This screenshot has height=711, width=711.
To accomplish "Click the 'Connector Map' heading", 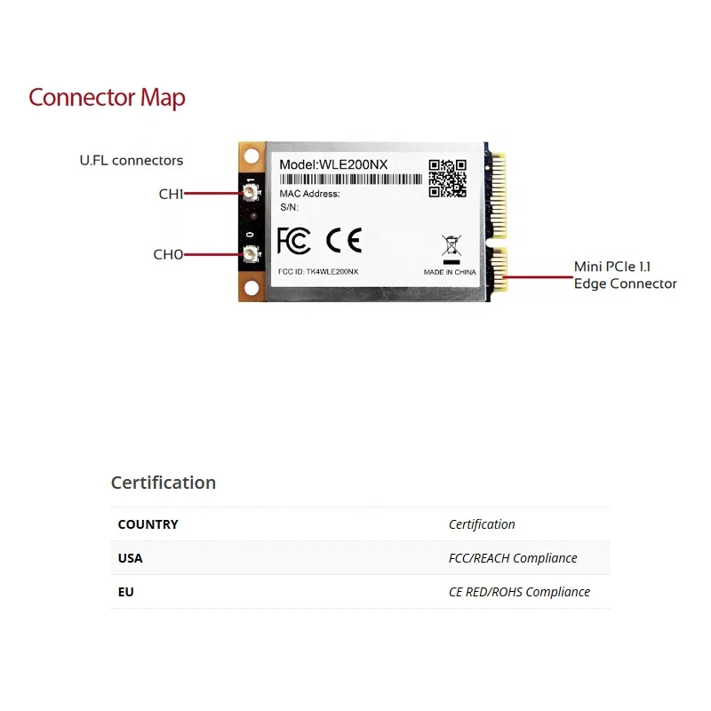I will point(107,97).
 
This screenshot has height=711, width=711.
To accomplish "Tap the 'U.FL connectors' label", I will point(131,161).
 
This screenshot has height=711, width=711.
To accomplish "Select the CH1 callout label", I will point(171,194).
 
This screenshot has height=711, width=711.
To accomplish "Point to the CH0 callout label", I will point(168,254).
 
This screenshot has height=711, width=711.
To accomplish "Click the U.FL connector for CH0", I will point(252,255).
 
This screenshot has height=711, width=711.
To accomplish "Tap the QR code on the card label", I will point(447,178).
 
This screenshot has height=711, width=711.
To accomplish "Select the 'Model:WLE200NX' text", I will point(333,164).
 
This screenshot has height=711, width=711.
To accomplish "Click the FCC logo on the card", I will point(294,241).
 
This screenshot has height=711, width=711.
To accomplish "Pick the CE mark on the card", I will point(343,241).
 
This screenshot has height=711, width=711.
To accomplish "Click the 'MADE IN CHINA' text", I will point(450,272).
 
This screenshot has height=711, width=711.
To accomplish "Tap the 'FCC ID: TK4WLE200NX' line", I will point(318,271).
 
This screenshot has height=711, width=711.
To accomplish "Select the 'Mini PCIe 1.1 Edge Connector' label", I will point(625,276).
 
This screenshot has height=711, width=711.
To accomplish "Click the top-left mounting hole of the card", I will point(252,156).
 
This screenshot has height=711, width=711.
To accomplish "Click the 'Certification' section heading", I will point(164,483).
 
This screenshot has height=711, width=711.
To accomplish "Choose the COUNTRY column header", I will point(148,524).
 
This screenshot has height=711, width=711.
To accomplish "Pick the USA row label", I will point(130,558).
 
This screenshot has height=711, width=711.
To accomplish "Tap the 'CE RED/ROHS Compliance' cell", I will point(519,592).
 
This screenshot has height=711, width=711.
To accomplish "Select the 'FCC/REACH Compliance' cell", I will point(513,558).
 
